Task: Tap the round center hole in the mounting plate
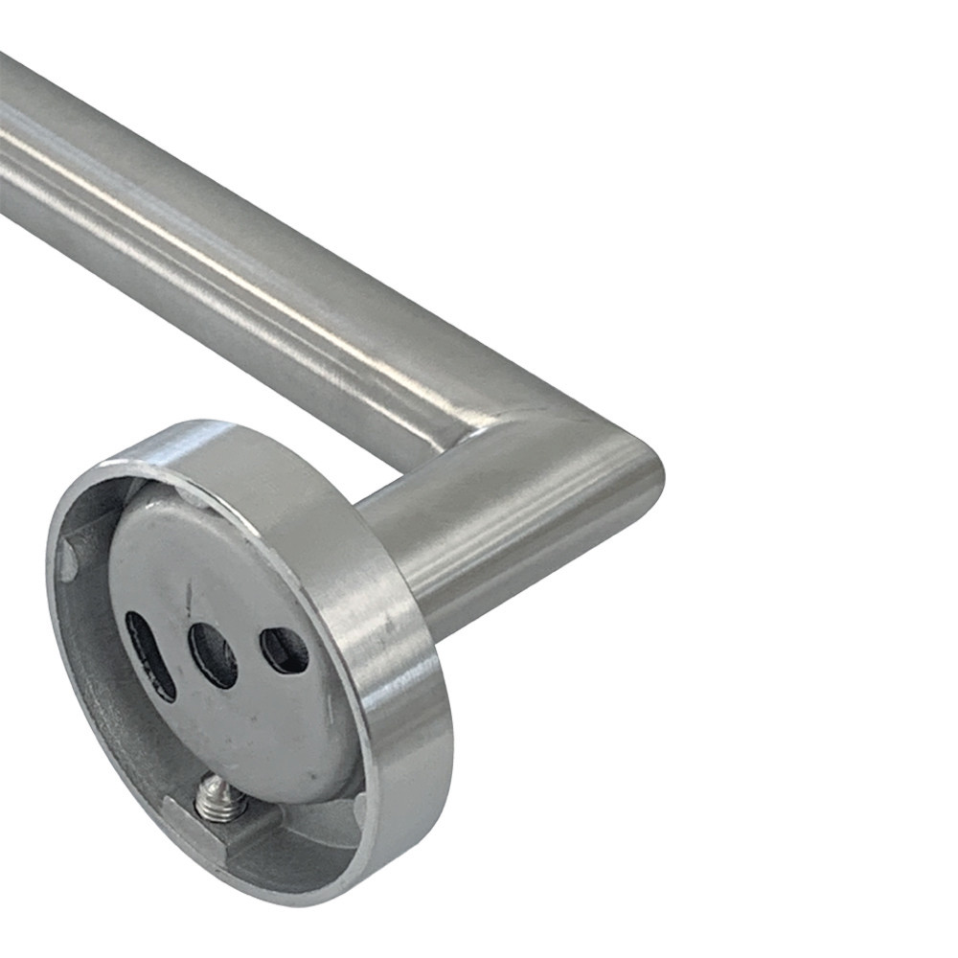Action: [x=213, y=655]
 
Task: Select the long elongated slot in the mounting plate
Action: [x=151, y=656]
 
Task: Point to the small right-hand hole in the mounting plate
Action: [x=285, y=650]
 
